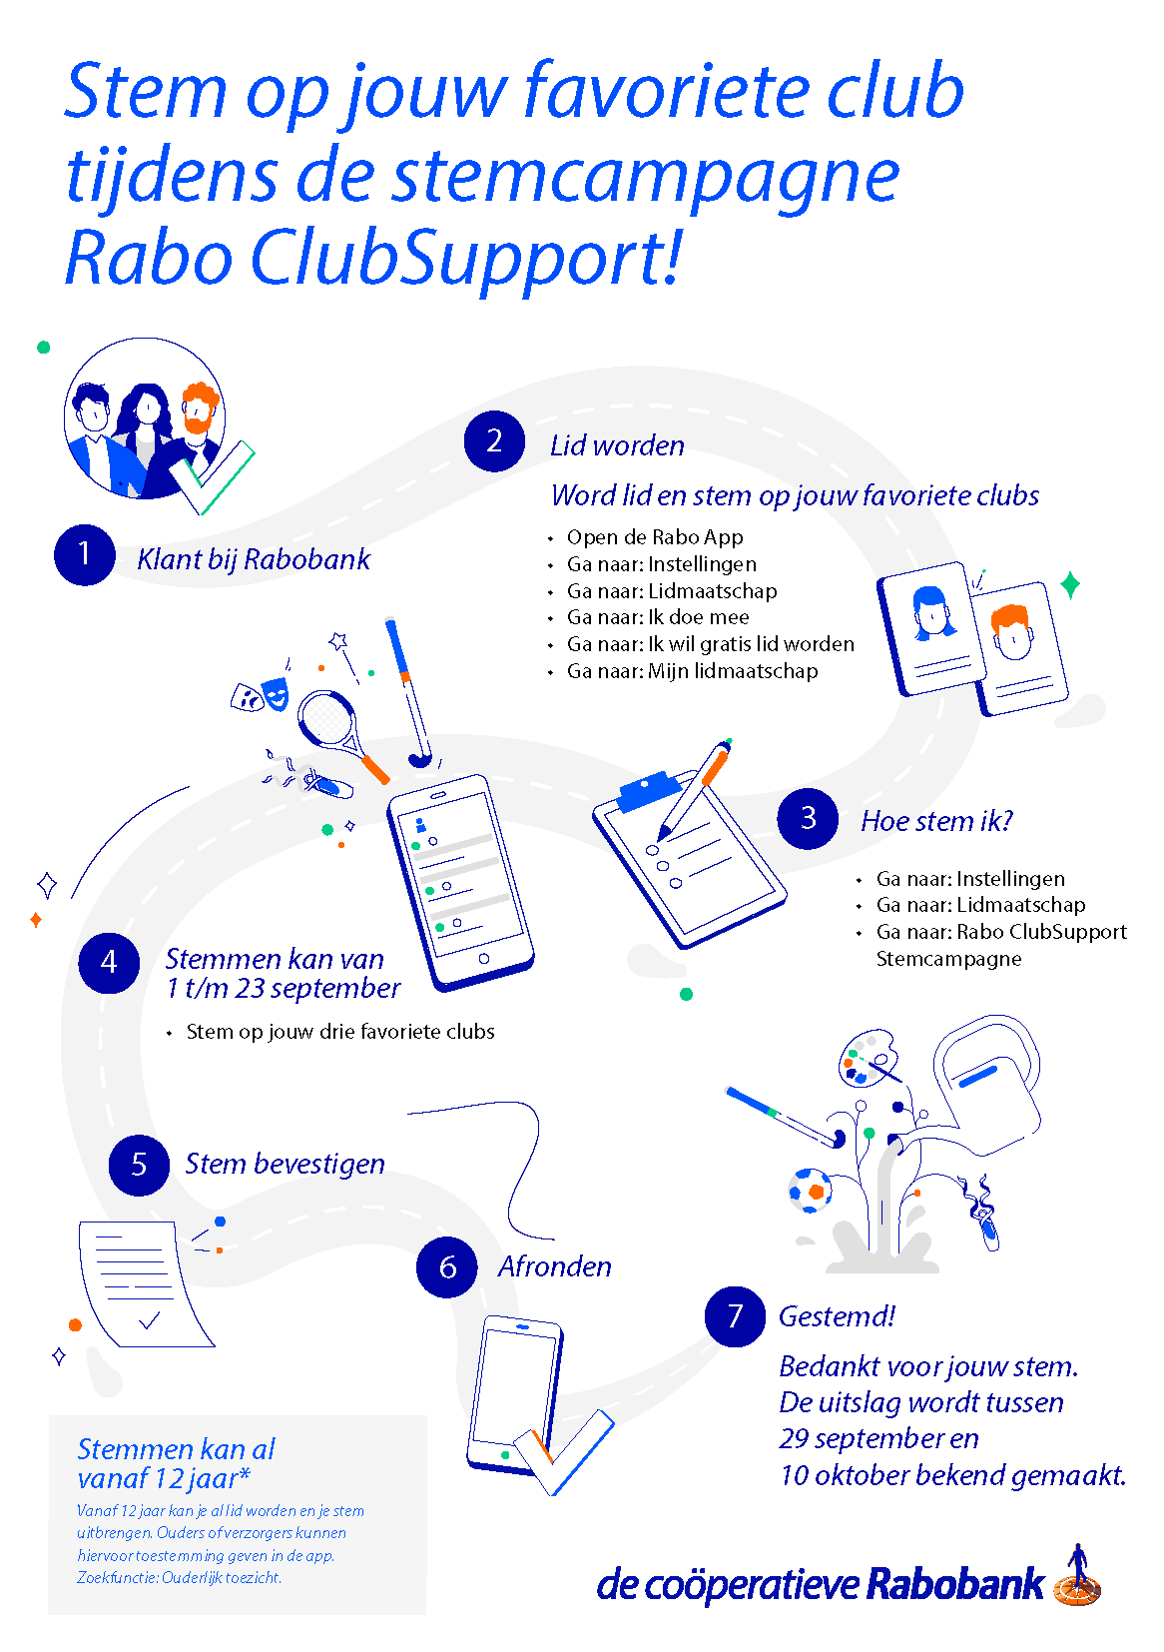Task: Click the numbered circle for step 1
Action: [84, 555]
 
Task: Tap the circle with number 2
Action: [494, 441]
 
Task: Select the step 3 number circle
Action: [808, 819]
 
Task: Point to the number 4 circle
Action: [109, 963]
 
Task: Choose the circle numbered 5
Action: [139, 1165]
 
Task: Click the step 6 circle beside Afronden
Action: [446, 1267]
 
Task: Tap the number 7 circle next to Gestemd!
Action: [735, 1316]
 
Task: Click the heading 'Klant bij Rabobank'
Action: [253, 559]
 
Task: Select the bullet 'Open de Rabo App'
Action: [655, 537]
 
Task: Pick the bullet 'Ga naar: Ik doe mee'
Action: [658, 616]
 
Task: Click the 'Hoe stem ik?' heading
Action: [937, 821]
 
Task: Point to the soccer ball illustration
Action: [811, 1191]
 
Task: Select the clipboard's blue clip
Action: [650, 791]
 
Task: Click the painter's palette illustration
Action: [868, 1057]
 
